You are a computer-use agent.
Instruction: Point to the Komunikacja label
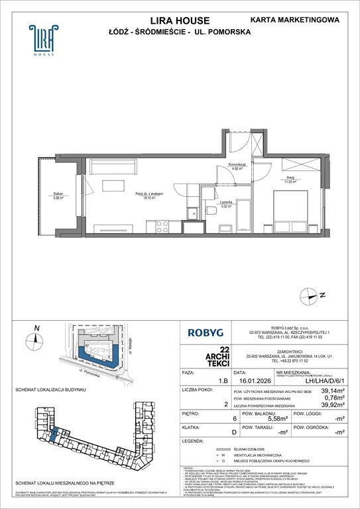click(x=237, y=166)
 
